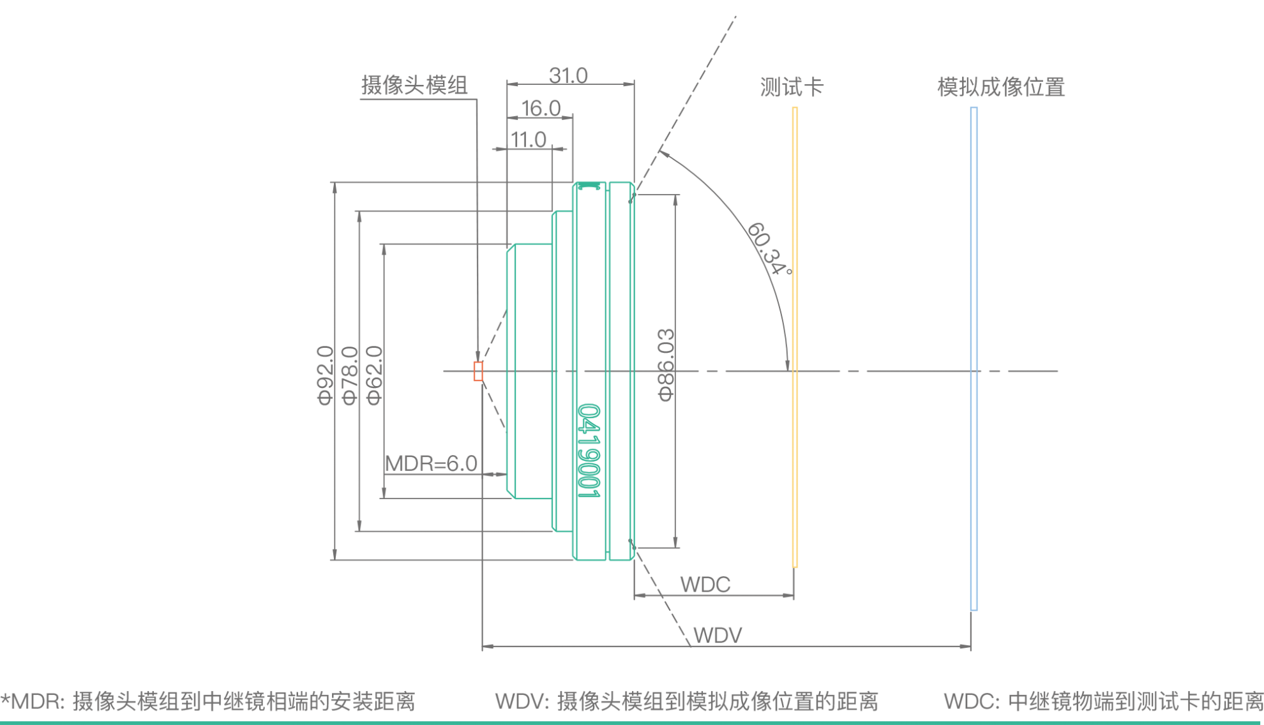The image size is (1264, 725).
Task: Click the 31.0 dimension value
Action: pyautogui.click(x=568, y=76)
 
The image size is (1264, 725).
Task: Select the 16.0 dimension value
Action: pyautogui.click(x=541, y=108)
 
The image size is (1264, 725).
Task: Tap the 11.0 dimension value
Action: pyautogui.click(x=529, y=139)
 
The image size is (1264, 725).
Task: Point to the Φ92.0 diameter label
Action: pyautogui.click(x=326, y=375)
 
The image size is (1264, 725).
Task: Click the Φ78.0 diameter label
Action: pyautogui.click(x=350, y=375)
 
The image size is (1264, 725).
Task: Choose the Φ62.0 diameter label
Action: pyautogui.click(x=375, y=375)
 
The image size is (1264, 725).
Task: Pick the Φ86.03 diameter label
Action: pyautogui.click(x=666, y=365)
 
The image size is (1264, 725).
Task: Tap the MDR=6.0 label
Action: pyautogui.click(x=432, y=463)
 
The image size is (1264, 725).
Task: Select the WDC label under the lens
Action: pyautogui.click(x=705, y=584)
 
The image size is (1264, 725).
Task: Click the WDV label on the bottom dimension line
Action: pyautogui.click(x=718, y=635)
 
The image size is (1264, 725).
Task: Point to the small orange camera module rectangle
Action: pyautogui.click(x=478, y=371)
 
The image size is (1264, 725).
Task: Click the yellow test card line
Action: pyautogui.click(x=795, y=337)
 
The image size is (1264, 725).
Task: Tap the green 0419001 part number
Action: pyautogui.click(x=589, y=450)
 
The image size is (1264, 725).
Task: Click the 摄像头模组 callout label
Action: pyautogui.click(x=414, y=86)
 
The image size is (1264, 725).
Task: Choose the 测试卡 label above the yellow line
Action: pyautogui.click(x=792, y=87)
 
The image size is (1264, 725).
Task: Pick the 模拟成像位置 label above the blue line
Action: pyautogui.click(x=1001, y=87)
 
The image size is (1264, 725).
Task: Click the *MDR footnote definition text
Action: pyautogui.click(x=208, y=701)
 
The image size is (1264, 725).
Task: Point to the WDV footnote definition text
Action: pyautogui.click(x=686, y=701)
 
